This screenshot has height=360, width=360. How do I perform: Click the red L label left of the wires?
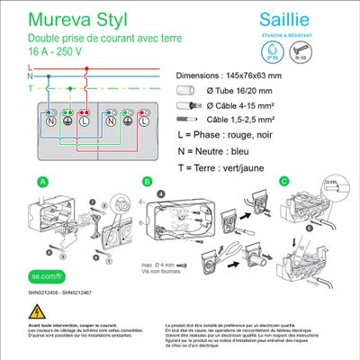pos(30,67)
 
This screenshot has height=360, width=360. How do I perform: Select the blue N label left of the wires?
pos(30,78)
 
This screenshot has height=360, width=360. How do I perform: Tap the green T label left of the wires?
pos(30,89)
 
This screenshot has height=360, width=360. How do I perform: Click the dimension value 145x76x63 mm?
pos(286,76)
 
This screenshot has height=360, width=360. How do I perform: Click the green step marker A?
pos(41,181)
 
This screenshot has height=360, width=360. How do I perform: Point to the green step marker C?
pos(284,181)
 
